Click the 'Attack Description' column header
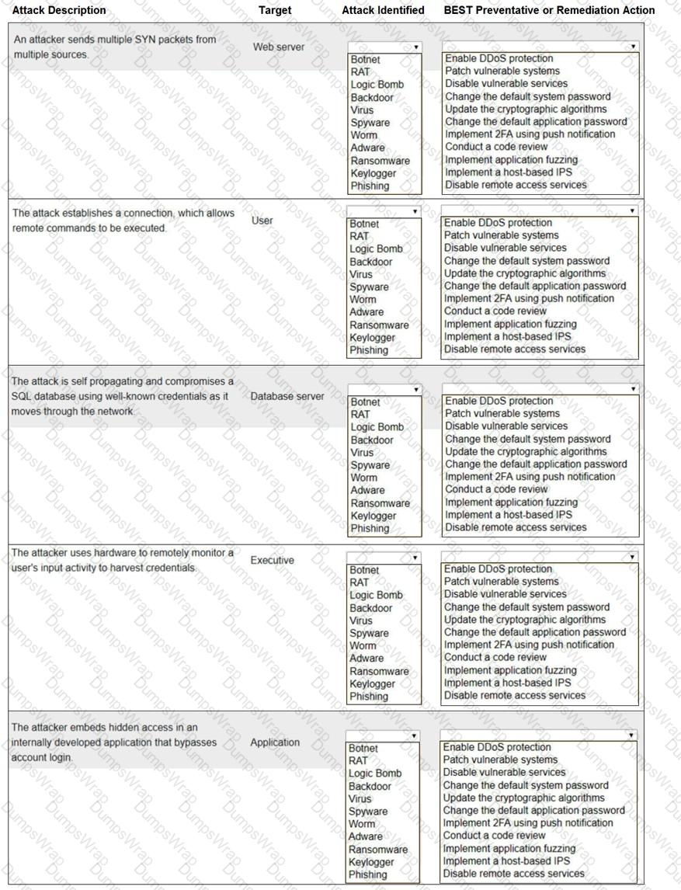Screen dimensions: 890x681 tap(59, 10)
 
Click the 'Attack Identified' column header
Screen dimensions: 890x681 tap(383, 10)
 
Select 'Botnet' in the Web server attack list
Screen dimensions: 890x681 tap(365, 59)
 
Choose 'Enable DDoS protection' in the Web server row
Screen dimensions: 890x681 tap(499, 58)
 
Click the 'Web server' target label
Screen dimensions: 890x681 tap(279, 47)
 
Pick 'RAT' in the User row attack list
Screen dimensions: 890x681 tap(360, 236)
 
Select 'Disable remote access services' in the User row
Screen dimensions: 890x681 tap(515, 349)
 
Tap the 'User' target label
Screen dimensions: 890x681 tap(262, 221)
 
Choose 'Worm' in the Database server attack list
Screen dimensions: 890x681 tap(363, 478)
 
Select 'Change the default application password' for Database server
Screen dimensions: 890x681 tap(536, 464)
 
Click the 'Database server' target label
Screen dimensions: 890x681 tap(287, 396)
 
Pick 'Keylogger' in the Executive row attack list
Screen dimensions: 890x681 tap(373, 684)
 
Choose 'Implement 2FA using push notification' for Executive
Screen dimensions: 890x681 tap(529, 645)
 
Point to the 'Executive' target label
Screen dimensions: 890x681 tap(272, 560)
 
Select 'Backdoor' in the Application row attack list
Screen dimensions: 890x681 tap(370, 786)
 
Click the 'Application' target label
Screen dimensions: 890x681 tap(275, 742)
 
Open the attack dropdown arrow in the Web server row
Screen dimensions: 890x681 tap(416, 47)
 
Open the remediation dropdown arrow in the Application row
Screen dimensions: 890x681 tap(631, 735)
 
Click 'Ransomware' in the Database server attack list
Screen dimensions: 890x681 tap(380, 503)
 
